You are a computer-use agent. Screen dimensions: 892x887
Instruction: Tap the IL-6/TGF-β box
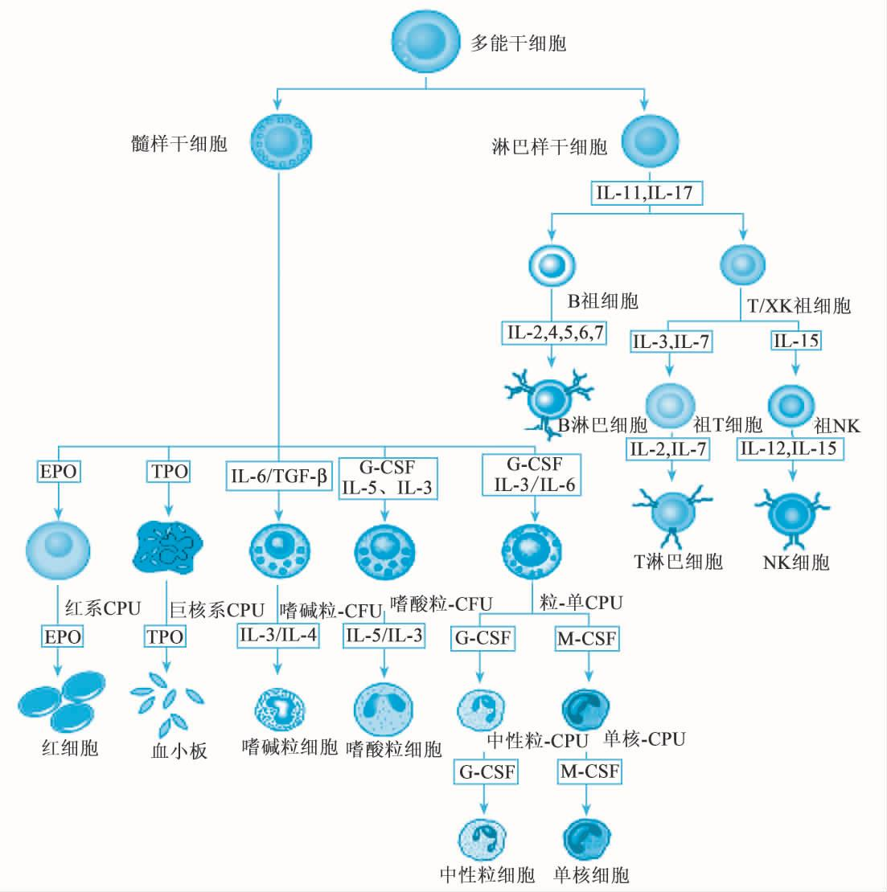point(278,477)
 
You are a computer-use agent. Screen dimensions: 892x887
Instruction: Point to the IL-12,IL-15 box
point(790,448)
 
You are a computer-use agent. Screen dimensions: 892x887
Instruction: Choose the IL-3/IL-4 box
point(278,635)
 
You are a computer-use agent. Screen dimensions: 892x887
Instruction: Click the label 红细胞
point(70,748)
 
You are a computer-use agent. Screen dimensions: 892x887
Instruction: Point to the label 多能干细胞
point(518,43)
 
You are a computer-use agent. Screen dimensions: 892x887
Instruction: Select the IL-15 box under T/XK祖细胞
point(796,340)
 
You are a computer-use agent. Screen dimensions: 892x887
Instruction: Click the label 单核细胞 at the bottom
point(591,875)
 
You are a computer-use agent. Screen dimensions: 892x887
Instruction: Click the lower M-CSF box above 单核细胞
point(589,771)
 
